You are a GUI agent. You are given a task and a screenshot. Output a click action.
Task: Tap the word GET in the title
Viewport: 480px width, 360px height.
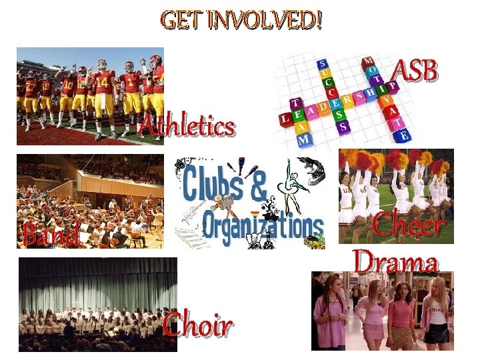181,21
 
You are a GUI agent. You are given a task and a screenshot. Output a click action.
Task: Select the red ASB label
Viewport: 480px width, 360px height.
415,72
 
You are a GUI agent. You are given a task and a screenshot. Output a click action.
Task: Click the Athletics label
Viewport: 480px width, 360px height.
186,125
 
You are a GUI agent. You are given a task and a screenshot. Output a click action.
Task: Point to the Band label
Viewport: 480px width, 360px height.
50,235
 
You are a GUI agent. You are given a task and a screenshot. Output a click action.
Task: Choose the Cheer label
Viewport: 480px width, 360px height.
408,225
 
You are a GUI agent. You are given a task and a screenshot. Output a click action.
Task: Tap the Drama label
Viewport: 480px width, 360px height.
396,262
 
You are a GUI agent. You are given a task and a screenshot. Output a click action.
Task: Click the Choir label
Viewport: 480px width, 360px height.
197,326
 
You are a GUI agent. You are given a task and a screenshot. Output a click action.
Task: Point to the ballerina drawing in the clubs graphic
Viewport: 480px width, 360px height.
294,183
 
